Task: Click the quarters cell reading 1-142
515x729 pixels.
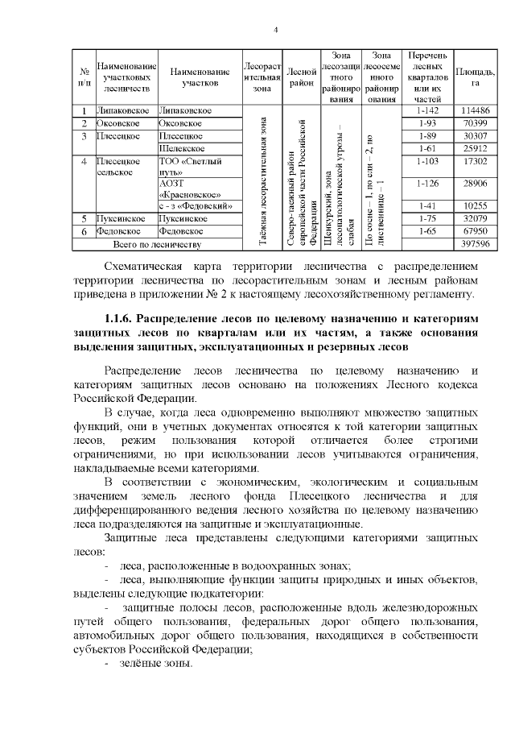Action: tap(426, 110)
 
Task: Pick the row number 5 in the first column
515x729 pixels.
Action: tap(84, 218)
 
